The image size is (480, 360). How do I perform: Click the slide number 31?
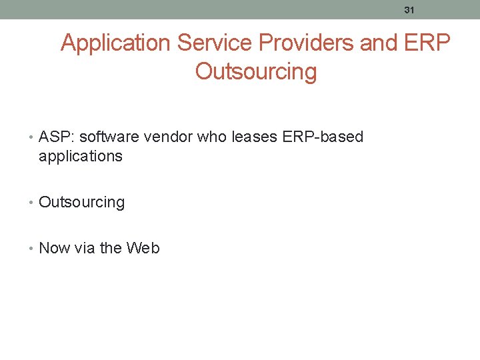[409, 9]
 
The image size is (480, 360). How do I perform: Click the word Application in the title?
[115, 43]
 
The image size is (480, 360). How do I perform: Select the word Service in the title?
[215, 43]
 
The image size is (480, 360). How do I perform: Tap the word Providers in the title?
[306, 43]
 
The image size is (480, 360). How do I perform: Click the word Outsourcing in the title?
[256, 71]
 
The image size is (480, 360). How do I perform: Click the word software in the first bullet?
[107, 137]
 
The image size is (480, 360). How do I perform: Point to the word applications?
[81, 157]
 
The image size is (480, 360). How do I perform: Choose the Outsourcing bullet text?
[82, 203]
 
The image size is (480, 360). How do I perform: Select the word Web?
[143, 248]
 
